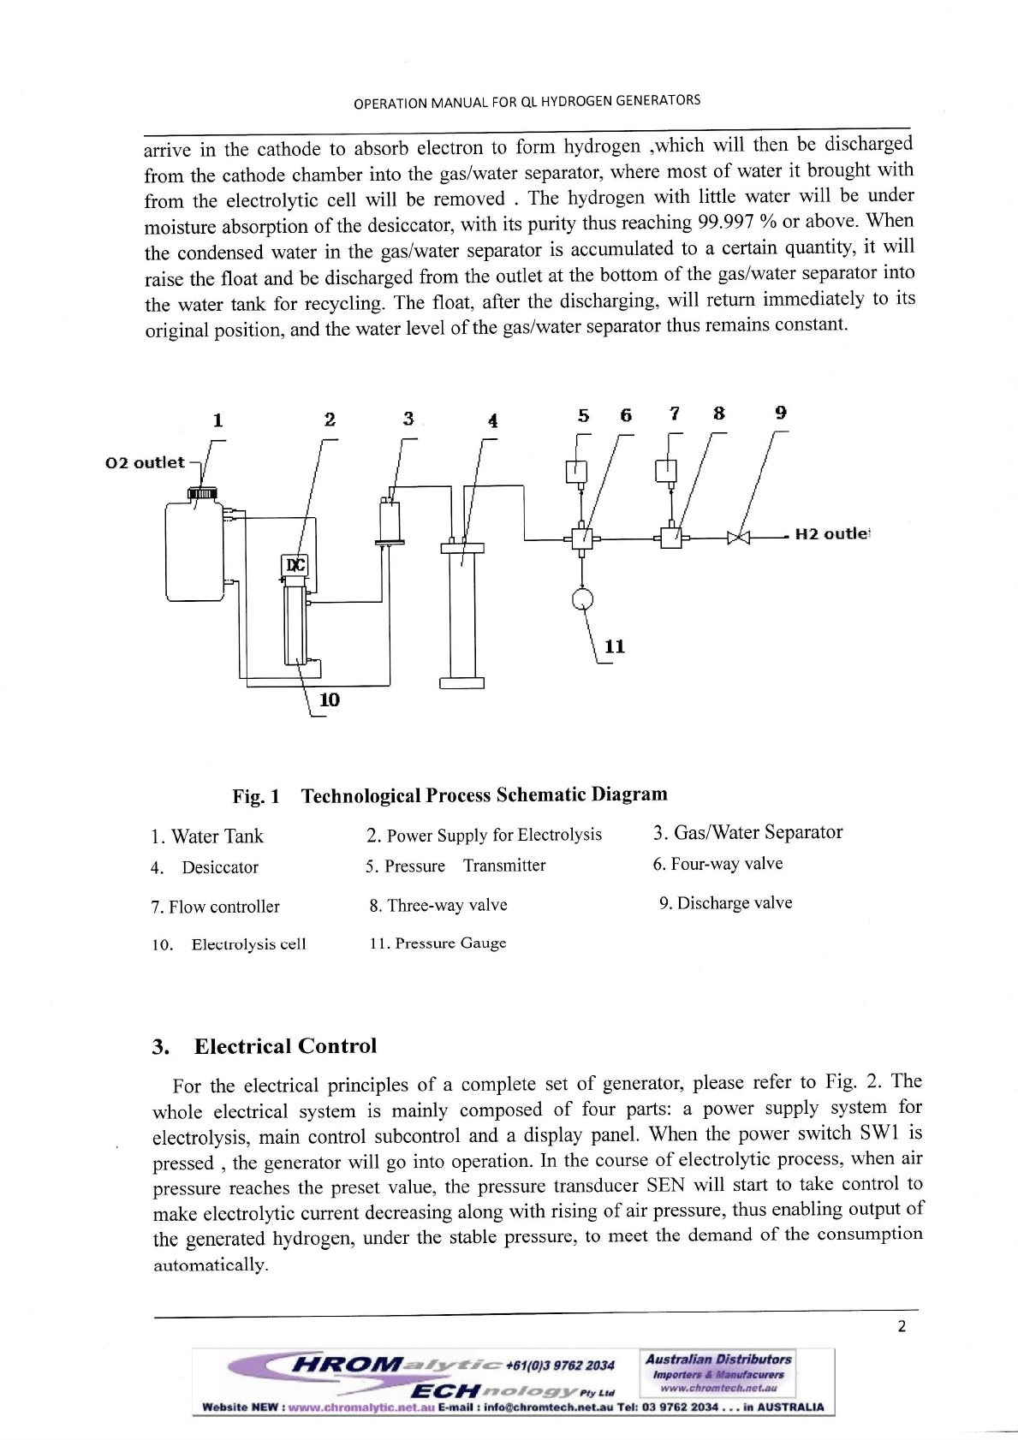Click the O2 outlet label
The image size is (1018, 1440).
(145, 462)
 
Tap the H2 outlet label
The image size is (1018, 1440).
(831, 534)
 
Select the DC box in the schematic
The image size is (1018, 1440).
(295, 565)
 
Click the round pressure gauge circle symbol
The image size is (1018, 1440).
(582, 598)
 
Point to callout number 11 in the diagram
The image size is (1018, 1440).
(615, 646)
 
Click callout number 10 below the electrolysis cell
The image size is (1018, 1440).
(329, 700)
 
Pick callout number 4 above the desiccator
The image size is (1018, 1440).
(492, 420)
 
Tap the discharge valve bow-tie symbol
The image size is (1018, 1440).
(738, 538)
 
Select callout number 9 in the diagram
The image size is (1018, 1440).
(780, 413)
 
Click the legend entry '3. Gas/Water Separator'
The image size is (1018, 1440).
(747, 833)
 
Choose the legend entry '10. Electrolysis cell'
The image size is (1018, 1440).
(229, 944)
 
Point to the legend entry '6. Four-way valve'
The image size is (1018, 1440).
(717, 864)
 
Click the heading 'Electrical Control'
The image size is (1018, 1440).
(285, 1046)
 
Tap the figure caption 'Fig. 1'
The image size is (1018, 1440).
(256, 796)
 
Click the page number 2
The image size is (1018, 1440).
(901, 1327)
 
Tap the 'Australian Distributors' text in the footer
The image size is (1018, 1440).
(718, 1359)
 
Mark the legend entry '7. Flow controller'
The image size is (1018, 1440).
(216, 907)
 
